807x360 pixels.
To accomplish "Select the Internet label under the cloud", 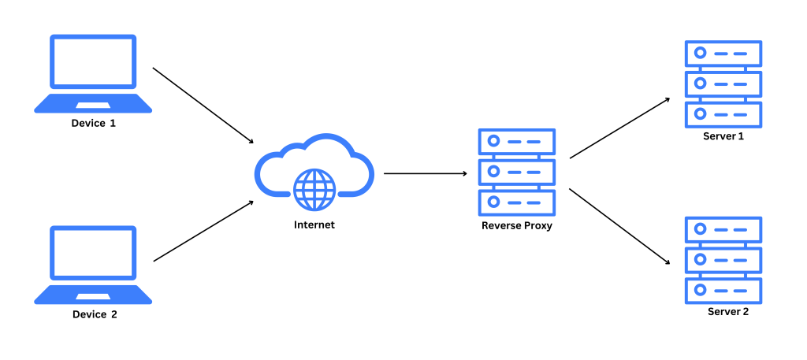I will click(314, 225).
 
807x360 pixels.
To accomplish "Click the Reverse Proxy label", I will click(517, 225).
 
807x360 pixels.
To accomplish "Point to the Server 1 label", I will click(723, 135).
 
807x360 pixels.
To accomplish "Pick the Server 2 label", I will click(727, 311).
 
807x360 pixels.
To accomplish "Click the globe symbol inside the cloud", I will click(314, 188).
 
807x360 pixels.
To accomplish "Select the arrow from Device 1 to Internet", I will click(203, 105).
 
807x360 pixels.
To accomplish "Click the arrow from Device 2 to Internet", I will click(203, 231).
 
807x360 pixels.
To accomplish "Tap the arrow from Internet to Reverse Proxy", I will click(426, 173).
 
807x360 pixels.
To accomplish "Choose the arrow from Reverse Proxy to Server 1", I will click(619, 128).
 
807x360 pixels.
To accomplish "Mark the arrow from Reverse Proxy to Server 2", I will click(619, 226).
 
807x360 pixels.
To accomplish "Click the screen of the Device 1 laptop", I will click(93, 61).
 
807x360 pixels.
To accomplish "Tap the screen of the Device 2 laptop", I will click(93, 253).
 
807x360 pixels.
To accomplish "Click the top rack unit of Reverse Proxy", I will click(517, 142).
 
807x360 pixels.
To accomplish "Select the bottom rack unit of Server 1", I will click(723, 114).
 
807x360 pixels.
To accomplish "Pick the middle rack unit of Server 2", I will click(723, 259).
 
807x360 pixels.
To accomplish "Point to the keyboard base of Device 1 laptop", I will click(93, 104).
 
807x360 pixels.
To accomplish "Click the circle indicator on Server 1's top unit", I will click(699, 54).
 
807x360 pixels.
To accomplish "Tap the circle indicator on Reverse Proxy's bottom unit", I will click(493, 202).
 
